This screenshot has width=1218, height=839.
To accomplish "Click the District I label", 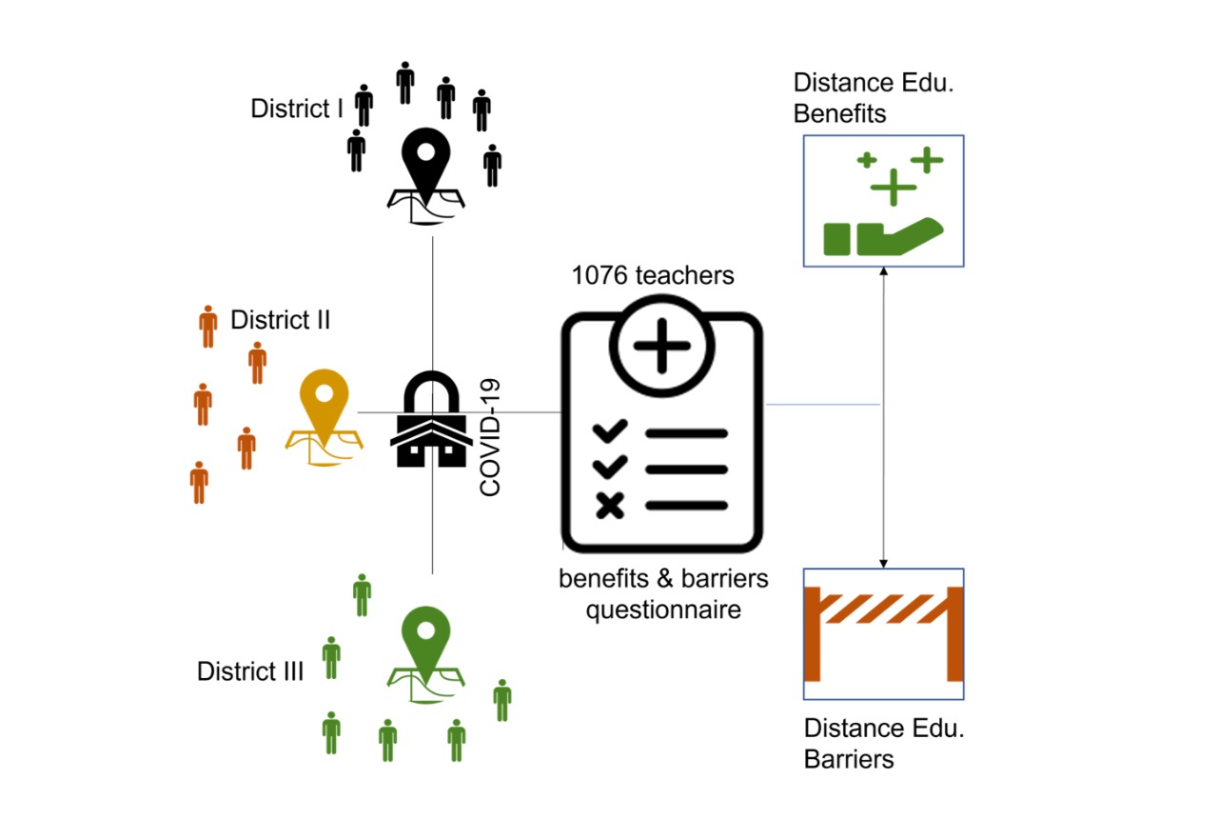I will (x=296, y=109).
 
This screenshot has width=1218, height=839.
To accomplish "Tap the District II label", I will (x=280, y=320).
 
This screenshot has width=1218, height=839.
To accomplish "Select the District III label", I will (x=249, y=671).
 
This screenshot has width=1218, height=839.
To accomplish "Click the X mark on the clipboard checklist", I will (x=610, y=506).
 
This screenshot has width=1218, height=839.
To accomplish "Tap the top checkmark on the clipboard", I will (x=610, y=432).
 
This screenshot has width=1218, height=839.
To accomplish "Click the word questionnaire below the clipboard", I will (x=662, y=609).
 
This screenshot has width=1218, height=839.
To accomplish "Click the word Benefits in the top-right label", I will (x=840, y=114).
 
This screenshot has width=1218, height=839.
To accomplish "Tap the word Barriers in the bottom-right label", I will (x=849, y=759).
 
